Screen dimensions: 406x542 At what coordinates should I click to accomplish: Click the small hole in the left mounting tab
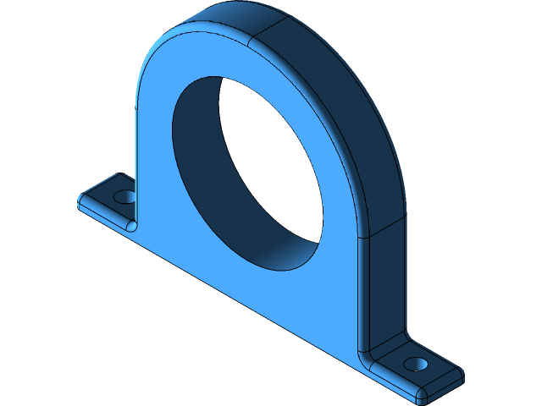pyautogui.click(x=124, y=196)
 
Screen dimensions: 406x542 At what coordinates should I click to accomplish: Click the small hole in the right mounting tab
pyautogui.click(x=415, y=364)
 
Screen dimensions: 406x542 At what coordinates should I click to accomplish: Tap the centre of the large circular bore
pyautogui.click(x=247, y=173)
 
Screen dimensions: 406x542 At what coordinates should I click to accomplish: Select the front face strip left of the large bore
pyautogui.click(x=152, y=169)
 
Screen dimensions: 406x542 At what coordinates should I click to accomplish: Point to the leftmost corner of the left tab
pyautogui.click(x=80, y=200)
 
